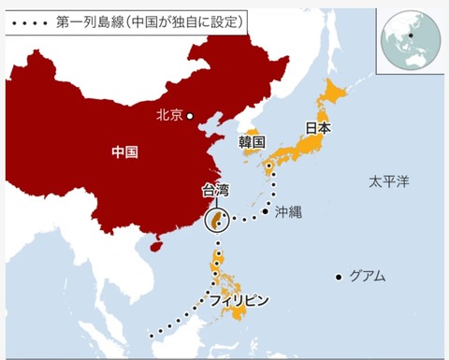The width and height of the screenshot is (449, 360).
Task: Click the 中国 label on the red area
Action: pos(124,151)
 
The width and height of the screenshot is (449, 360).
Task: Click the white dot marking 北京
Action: pos(190,116)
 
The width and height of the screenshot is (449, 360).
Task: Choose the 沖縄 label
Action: pos(289,212)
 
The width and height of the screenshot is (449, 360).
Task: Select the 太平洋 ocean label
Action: pos(387,180)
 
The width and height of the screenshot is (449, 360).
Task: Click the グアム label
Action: pos(367,277)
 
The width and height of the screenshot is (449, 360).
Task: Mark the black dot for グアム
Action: pos(339,277)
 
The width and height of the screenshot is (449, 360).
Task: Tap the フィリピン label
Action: pos(239,300)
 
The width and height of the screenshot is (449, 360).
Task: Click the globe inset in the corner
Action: pos(411,36)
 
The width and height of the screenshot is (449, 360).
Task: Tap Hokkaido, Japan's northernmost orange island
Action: pos(335,94)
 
